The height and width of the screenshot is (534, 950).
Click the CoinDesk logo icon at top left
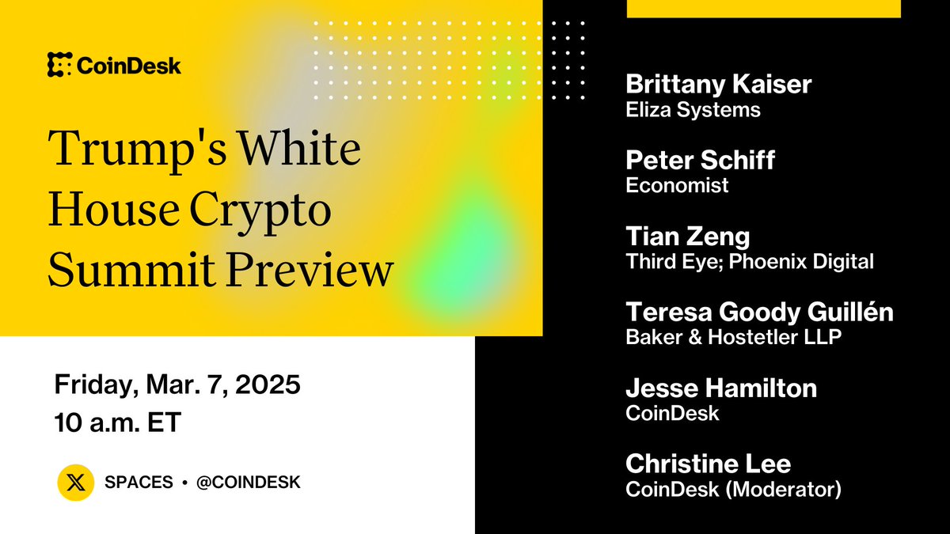59,65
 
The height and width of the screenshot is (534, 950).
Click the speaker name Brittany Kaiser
718,85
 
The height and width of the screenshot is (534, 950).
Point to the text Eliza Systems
693,110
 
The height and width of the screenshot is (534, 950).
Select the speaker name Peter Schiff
700,161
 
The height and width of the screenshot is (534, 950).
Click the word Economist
677,186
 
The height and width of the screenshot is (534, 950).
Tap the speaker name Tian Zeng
687,237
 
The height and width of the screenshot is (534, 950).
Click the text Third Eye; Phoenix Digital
750,262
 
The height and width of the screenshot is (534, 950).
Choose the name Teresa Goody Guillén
759,312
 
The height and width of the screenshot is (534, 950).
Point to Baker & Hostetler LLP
733,337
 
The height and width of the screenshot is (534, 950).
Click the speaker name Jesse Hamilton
721,388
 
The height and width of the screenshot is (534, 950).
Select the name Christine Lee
708,464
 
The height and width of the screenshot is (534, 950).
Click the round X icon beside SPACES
76,483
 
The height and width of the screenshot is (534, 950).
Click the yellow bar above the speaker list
763,8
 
